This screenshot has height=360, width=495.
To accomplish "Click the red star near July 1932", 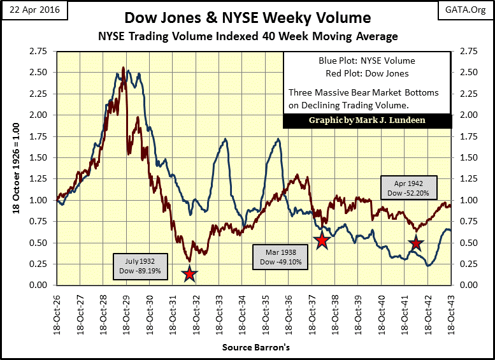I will pos(189,275).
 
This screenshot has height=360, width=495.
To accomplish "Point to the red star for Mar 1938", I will pos(322,240).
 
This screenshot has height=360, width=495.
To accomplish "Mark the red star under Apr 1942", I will pos(416,243).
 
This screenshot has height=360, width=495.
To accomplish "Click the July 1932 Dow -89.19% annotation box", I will pos(141,266).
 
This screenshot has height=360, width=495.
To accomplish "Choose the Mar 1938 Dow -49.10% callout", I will pos(281,257).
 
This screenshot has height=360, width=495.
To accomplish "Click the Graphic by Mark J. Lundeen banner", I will pos(366,120).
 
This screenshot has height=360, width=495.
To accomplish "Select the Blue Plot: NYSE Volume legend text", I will pos(366,61).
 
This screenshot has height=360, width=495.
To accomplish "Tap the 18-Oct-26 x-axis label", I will pos(57,312).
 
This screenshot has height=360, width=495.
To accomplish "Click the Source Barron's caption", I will pos(256,348).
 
